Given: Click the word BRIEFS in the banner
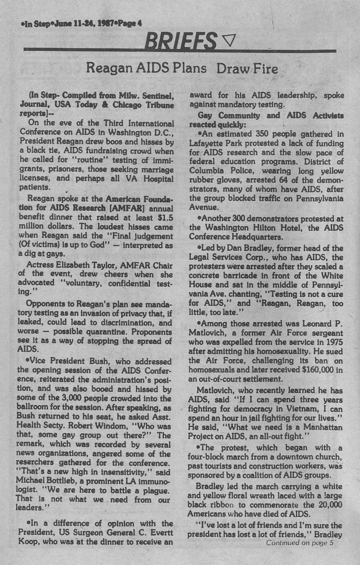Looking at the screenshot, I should click(x=180, y=40).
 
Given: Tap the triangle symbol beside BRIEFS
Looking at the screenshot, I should click(x=228, y=39).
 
